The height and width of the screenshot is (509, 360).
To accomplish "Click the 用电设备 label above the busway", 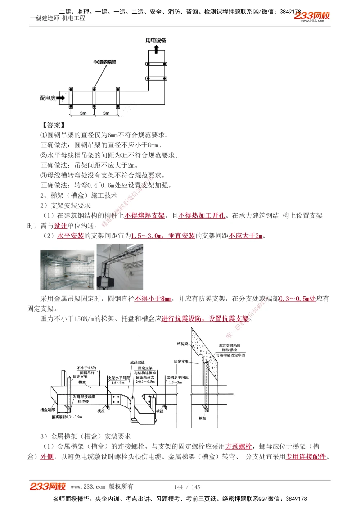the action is tap(156, 41).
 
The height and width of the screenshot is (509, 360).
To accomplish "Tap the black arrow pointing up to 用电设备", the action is tap(156, 49).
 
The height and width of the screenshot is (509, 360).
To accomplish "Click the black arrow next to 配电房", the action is tap(60, 98).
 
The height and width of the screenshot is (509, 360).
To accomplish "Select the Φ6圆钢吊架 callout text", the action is tap(105, 62).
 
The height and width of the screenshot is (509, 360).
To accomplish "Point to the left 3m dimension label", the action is tap(83, 113).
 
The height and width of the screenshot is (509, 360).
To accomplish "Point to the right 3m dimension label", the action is tap(106, 113).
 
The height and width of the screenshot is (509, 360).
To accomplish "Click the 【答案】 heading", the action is tap(53, 125).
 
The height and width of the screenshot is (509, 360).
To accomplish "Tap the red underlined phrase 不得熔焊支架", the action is tap(144, 215).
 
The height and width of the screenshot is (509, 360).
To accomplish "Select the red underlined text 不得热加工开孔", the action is tap(202, 215).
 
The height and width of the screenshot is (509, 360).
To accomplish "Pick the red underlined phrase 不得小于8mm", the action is tap(153, 299).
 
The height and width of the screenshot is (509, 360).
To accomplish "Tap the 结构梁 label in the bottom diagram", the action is tap(183, 344).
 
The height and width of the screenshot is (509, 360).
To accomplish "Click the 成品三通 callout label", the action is tap(137, 362).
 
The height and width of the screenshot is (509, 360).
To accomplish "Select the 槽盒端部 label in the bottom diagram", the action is tap(48, 410).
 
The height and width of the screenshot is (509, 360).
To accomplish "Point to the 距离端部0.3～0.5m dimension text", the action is tap(67, 417).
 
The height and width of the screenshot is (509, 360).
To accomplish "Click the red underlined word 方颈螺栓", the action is tap(238, 446).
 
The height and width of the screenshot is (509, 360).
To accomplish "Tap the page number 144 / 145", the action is tap(187, 487).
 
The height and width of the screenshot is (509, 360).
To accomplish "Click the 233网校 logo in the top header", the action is tap(312, 15).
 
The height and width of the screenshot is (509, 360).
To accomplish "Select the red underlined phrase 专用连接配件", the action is tap(306, 456).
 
